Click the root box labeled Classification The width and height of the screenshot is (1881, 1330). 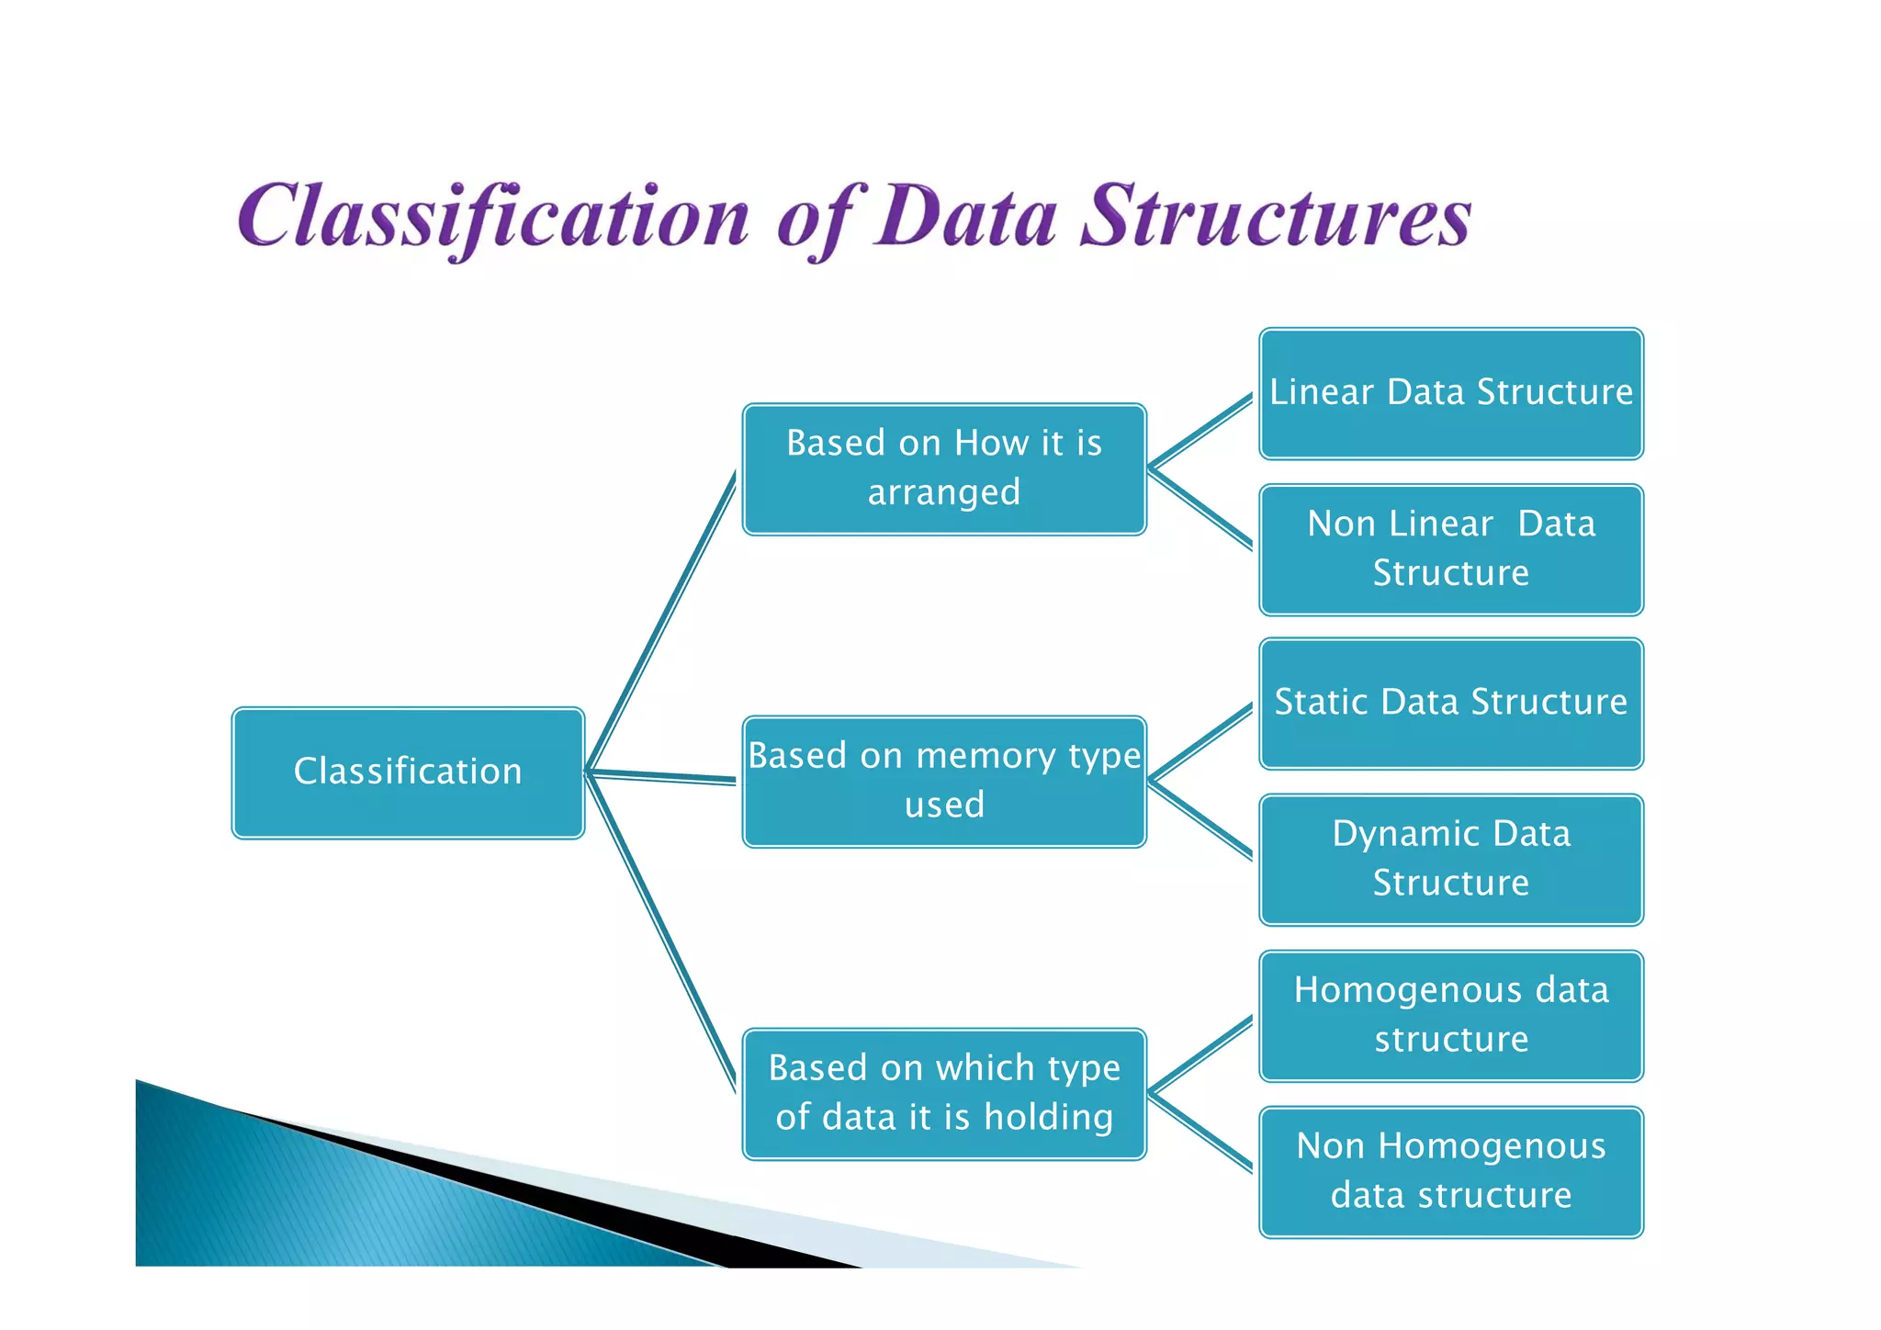(x=408, y=772)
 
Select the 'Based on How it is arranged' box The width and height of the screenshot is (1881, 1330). (x=944, y=468)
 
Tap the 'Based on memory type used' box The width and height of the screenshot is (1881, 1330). (x=944, y=781)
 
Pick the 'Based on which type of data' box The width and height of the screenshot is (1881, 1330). (x=944, y=1093)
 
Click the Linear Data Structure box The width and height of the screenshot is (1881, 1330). (x=1451, y=393)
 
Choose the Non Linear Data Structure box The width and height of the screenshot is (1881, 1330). (x=1451, y=549)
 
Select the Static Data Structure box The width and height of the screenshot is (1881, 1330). (x=1451, y=704)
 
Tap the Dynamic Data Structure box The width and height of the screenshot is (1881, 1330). (x=1451, y=859)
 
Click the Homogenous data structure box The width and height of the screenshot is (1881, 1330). (x=1451, y=1015)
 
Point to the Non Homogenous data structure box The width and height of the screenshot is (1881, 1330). (x=1451, y=1171)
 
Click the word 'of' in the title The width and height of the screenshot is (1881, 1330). (x=817, y=220)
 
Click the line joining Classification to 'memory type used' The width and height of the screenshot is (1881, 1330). (x=661, y=776)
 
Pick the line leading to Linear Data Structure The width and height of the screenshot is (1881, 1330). (x=1200, y=433)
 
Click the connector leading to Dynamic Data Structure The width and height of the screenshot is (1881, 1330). (x=1200, y=819)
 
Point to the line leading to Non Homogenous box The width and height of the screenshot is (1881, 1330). (x=1200, y=1132)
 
